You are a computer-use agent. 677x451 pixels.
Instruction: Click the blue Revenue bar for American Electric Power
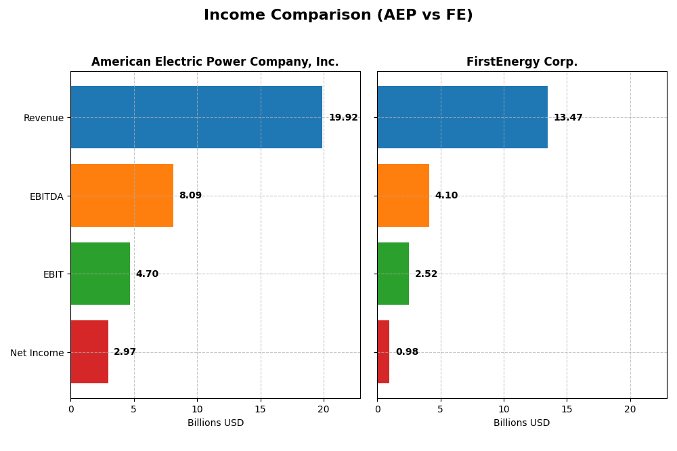[196, 117]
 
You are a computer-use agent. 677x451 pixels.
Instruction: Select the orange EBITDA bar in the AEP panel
[122, 195]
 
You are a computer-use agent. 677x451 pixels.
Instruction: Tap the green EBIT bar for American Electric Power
[100, 274]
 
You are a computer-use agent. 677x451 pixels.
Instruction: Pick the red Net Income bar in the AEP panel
[89, 351]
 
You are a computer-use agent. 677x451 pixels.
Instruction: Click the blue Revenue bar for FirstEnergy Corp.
[462, 117]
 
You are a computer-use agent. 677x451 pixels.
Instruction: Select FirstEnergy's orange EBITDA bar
[403, 195]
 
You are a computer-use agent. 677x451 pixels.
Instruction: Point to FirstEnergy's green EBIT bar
[393, 274]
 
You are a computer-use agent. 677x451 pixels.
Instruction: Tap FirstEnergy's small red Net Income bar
[383, 351]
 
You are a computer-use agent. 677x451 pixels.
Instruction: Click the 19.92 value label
[343, 118]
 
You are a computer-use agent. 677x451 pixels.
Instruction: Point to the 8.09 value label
[190, 196]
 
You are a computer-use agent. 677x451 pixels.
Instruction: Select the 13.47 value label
[568, 118]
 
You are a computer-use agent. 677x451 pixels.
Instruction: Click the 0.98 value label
[407, 352]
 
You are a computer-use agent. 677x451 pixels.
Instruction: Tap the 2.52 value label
[426, 274]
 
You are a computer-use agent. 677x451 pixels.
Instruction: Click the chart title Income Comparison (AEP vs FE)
[338, 16]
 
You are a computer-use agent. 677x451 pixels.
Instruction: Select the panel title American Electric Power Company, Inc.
[215, 62]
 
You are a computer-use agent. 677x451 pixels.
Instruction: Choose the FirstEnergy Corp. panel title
[522, 62]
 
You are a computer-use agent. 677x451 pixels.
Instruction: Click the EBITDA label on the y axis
[47, 196]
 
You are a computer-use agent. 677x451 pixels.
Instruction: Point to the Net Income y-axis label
[37, 353]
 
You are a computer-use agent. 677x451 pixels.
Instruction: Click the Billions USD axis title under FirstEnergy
[522, 423]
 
